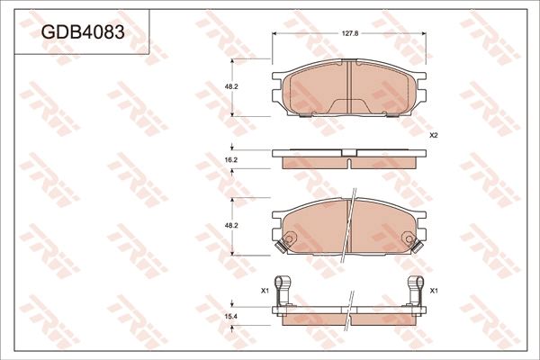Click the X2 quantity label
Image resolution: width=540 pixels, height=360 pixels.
tap(433, 135)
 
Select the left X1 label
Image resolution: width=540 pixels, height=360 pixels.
tap(265, 291)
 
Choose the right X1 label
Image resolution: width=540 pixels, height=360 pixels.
tap(433, 291)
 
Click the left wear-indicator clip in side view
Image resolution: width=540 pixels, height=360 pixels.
tap(284, 290)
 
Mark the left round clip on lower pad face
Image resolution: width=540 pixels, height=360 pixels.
tap(289, 239)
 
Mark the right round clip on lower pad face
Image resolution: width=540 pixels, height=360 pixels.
tap(410, 239)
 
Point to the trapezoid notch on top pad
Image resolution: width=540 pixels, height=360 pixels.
tap(349, 106)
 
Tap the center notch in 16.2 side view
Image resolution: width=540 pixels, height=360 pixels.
tap(348, 163)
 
